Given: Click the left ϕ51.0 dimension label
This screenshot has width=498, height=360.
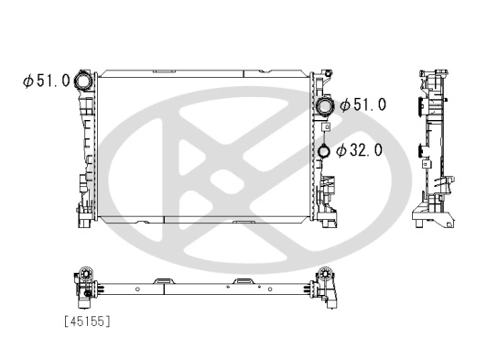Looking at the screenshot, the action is pos(47,81).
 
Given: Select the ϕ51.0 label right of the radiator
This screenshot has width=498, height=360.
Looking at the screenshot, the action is pos(363,104).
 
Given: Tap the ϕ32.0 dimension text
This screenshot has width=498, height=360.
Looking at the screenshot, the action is pos(359,149).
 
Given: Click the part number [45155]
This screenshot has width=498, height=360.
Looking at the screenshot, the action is pos(87,322).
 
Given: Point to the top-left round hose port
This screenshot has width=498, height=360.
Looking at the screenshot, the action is pos(83,81).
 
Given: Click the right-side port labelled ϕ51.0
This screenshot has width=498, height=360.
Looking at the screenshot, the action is pos(325,106).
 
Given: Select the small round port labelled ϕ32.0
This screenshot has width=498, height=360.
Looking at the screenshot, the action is pos(324,151).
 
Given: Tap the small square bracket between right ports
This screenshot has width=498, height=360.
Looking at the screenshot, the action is pos(326,127).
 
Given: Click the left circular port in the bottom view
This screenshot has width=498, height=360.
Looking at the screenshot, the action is pos(86,274).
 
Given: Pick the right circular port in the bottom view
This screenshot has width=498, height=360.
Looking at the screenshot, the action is pos(324,274).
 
